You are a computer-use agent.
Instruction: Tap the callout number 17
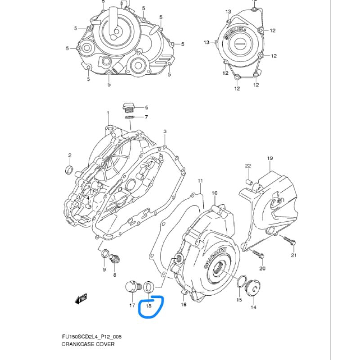point(132,306)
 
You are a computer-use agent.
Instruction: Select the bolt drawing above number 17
point(131,287)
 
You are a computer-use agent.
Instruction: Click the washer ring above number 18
point(148,286)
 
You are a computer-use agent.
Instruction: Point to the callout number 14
point(253,307)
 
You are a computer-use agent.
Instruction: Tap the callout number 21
point(294,256)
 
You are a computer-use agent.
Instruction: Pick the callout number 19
point(270,158)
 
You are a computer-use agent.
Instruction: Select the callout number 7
point(145,117)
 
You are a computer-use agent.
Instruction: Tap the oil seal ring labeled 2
point(69,169)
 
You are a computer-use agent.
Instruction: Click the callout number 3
point(165,131)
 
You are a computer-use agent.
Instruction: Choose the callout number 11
point(200,180)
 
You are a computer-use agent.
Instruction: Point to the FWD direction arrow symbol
point(81,298)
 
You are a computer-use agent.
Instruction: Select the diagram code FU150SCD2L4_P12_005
point(92,337)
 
